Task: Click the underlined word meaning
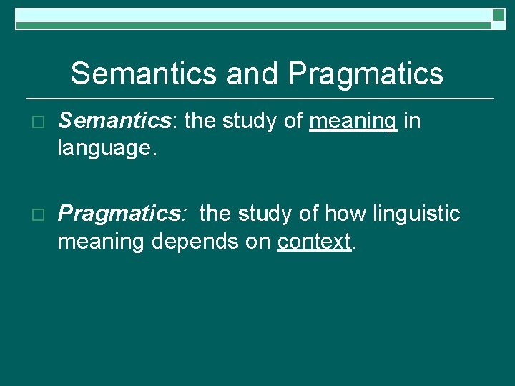353,122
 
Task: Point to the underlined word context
314,242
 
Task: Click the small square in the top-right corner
499,15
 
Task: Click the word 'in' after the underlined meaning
412,122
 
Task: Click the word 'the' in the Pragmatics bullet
215,214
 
